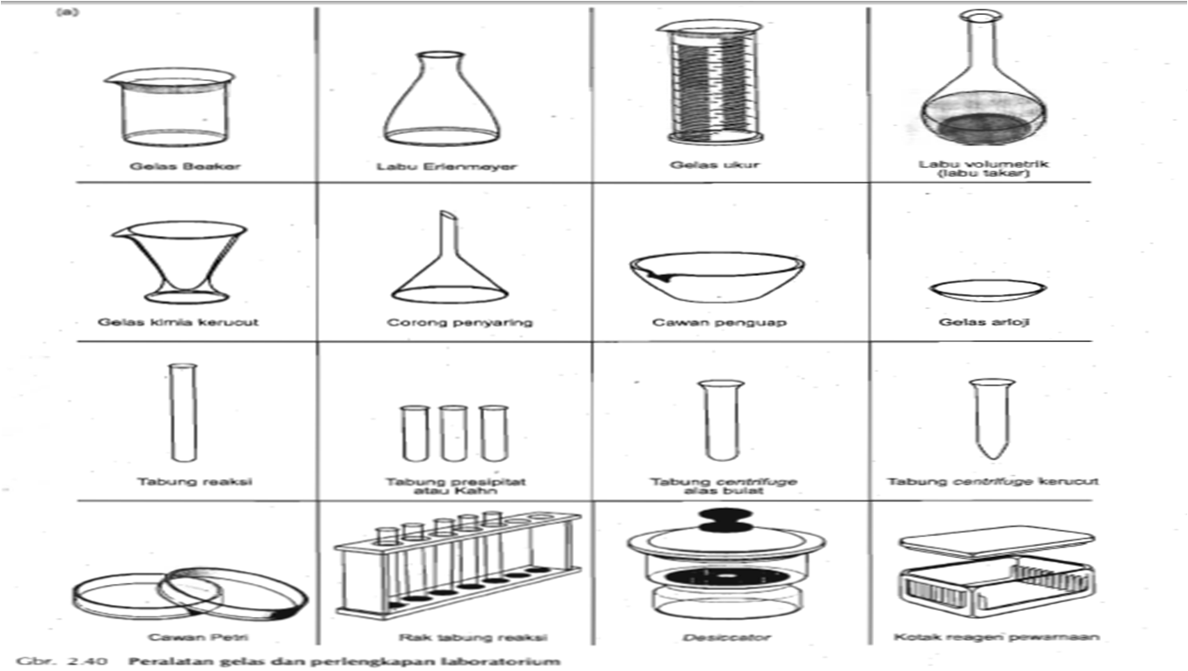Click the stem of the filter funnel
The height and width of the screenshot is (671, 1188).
point(444,239)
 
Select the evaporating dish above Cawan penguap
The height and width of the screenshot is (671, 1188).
point(716,276)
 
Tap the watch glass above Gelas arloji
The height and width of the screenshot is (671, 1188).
point(987,289)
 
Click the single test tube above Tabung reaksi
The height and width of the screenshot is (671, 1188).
point(182,414)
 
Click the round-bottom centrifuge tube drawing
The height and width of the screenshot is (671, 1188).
point(720,420)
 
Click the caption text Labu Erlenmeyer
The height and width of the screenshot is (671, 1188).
point(446,166)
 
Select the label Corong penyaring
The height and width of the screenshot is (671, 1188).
point(459,322)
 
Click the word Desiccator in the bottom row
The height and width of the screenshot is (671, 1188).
point(727,637)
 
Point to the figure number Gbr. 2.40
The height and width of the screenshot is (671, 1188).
point(61,661)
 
